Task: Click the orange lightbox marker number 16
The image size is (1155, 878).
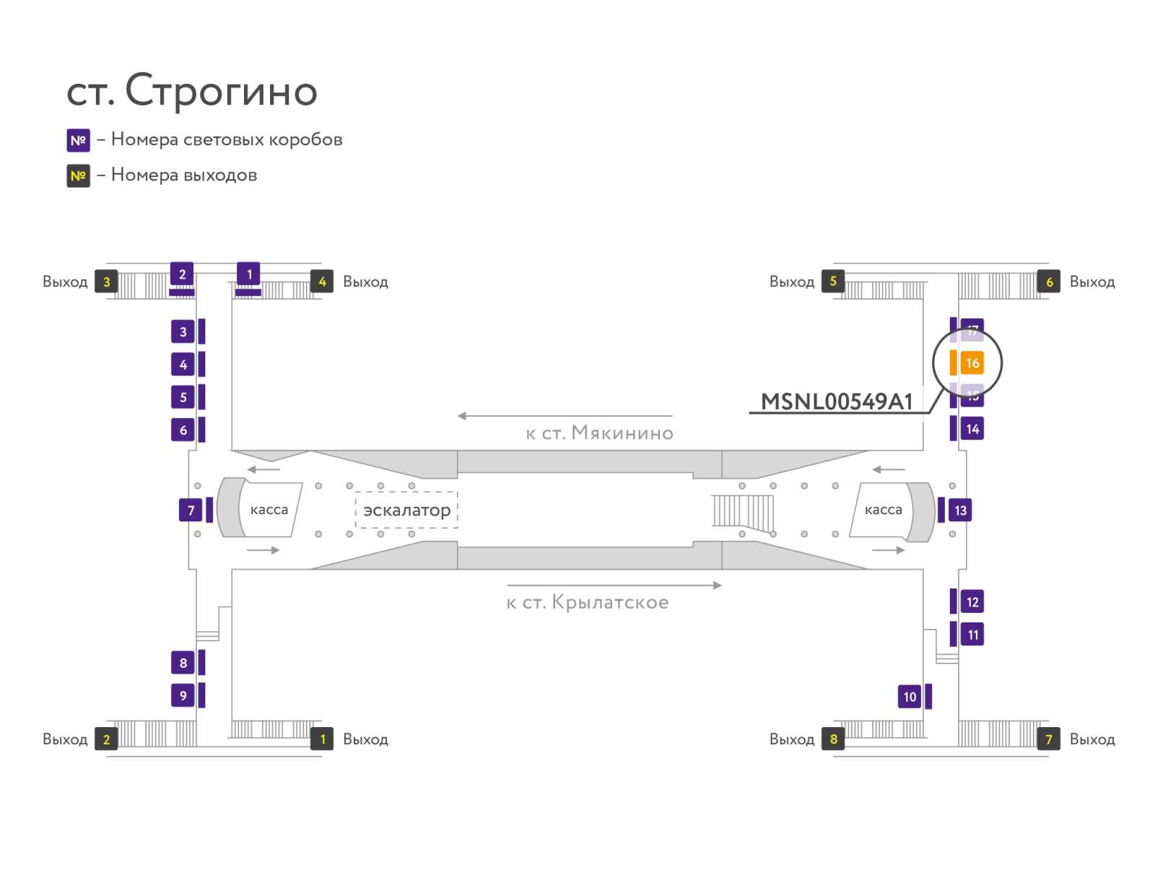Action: click(972, 363)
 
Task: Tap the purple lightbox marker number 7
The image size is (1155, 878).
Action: click(191, 510)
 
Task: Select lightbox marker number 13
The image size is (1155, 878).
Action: click(960, 510)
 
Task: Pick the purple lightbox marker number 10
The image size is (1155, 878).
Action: click(910, 697)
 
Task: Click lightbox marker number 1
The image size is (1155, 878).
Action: click(249, 274)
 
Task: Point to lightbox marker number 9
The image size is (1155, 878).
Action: click(183, 695)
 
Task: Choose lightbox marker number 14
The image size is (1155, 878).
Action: click(972, 429)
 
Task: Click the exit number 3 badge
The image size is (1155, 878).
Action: click(106, 282)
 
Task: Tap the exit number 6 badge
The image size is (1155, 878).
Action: click(1049, 282)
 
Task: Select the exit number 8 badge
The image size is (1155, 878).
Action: click(833, 739)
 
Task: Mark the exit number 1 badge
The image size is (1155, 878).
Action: click(322, 739)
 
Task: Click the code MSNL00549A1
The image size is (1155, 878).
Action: click(837, 401)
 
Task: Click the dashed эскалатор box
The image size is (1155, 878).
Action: click(406, 510)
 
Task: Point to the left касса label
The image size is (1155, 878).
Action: click(269, 510)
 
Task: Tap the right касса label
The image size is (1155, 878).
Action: click(883, 510)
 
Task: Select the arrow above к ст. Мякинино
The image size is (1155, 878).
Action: click(565, 416)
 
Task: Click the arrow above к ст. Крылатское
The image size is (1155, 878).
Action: click(614, 586)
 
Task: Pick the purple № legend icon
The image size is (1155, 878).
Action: click(78, 140)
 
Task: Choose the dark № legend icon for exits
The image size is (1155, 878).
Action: click(78, 175)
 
